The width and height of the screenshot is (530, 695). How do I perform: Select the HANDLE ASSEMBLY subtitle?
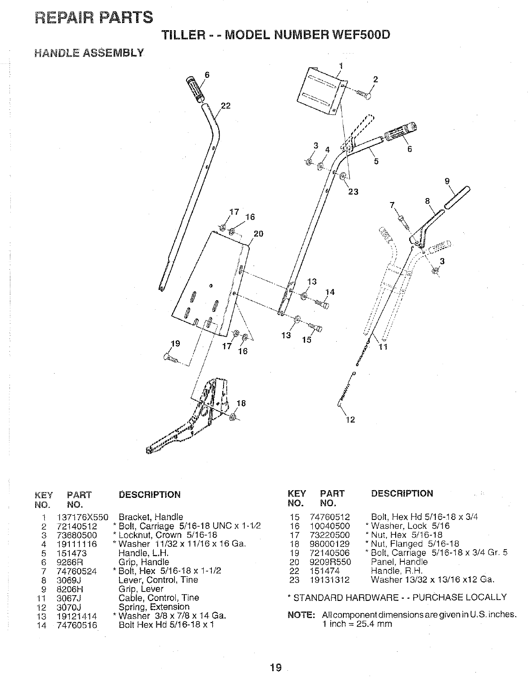point(89,53)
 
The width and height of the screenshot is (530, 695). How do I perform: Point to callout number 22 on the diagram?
point(225,106)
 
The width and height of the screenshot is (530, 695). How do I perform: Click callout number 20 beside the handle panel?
point(258,233)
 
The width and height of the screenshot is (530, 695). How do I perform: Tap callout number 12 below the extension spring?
point(350,420)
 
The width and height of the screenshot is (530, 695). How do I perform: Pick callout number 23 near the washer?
point(353,192)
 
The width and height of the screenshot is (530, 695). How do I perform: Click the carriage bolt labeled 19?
point(170,358)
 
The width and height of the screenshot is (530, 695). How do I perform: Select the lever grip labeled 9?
point(457,198)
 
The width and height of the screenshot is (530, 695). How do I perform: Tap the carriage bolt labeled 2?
point(363,94)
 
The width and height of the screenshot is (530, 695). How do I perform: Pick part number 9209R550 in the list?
point(333,562)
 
